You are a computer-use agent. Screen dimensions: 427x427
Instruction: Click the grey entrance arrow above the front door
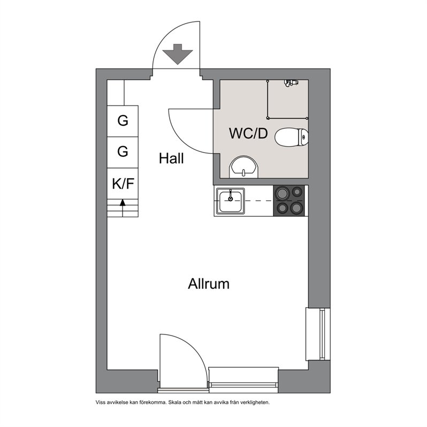tap(178, 54)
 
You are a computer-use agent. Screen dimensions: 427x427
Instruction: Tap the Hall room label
tap(171, 158)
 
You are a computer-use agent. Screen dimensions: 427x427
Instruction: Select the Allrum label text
tap(209, 284)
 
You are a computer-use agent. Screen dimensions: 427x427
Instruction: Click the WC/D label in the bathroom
tap(248, 133)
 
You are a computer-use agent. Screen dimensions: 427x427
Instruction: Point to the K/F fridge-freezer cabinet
tap(123, 184)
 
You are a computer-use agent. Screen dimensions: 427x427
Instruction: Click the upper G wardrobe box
tap(123, 121)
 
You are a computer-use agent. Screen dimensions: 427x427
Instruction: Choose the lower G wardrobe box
tap(123, 152)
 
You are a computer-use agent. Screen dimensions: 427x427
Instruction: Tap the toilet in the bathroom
tap(292, 137)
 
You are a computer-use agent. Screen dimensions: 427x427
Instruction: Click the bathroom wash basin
tap(243, 167)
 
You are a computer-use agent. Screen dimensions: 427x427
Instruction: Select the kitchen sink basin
tap(231, 201)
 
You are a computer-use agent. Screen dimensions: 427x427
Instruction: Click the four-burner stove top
tap(289, 201)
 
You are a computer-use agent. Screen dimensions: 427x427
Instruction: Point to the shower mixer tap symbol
tap(291, 83)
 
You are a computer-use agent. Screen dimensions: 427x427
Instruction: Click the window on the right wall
tap(318, 334)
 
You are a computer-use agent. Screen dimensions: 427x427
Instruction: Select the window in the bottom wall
tap(243, 380)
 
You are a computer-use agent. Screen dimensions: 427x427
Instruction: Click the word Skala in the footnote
tap(174, 402)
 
